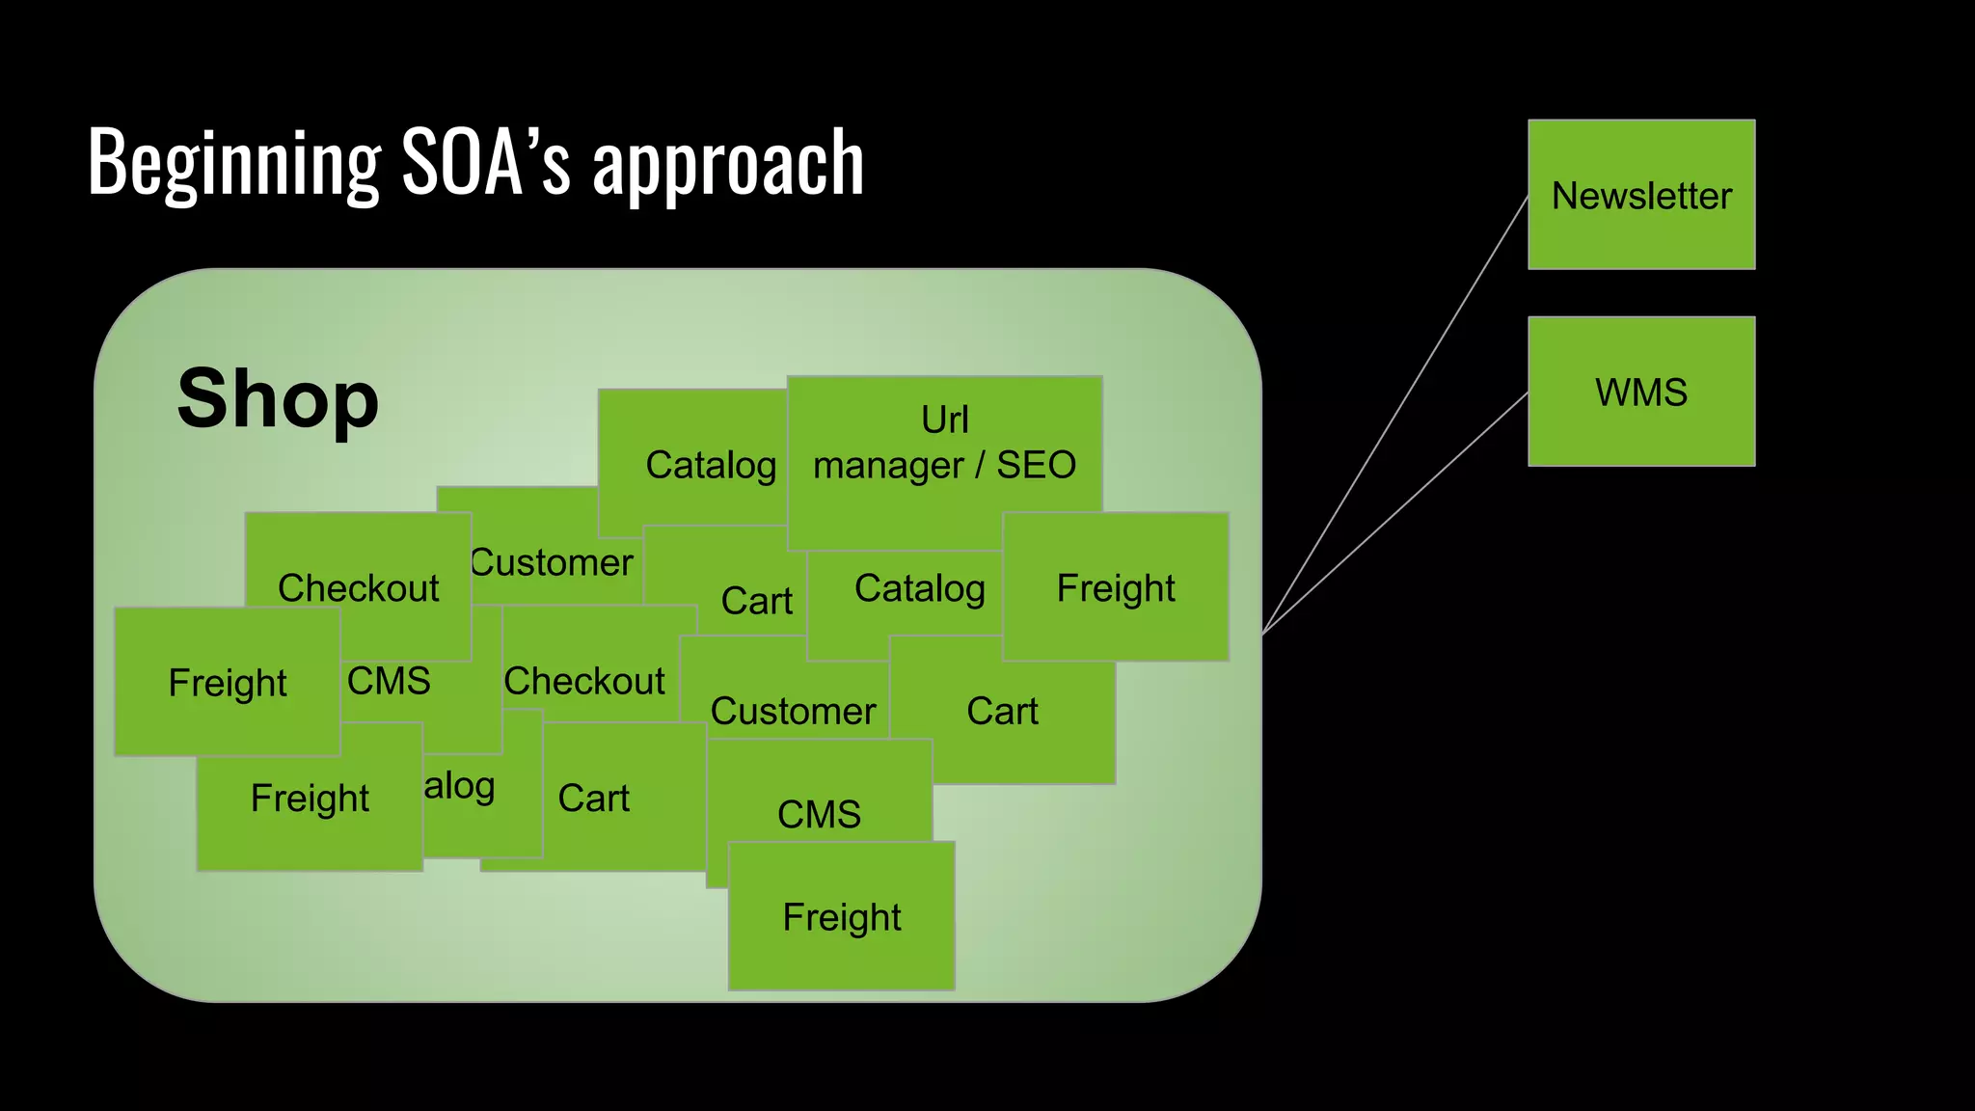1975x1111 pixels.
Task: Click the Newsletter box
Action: click(x=1641, y=195)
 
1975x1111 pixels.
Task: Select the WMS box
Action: click(x=1641, y=392)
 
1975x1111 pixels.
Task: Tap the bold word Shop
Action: click(x=278, y=398)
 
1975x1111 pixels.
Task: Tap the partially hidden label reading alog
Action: click(x=460, y=786)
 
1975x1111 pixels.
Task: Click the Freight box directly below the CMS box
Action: click(x=842, y=917)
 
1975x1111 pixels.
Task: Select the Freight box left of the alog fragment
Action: click(x=310, y=799)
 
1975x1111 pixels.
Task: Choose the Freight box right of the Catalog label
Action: click(x=1116, y=588)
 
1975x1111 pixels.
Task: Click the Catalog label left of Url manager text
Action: click(x=711, y=465)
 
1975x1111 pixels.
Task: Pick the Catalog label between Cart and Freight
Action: click(x=919, y=588)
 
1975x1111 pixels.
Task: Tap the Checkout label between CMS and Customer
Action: click(x=584, y=681)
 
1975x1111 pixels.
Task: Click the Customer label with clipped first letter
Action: click(x=552, y=562)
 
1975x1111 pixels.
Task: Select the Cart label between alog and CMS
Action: click(x=594, y=799)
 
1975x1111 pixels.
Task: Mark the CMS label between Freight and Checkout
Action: click(x=389, y=681)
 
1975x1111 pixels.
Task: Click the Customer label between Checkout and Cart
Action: click(x=793, y=711)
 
